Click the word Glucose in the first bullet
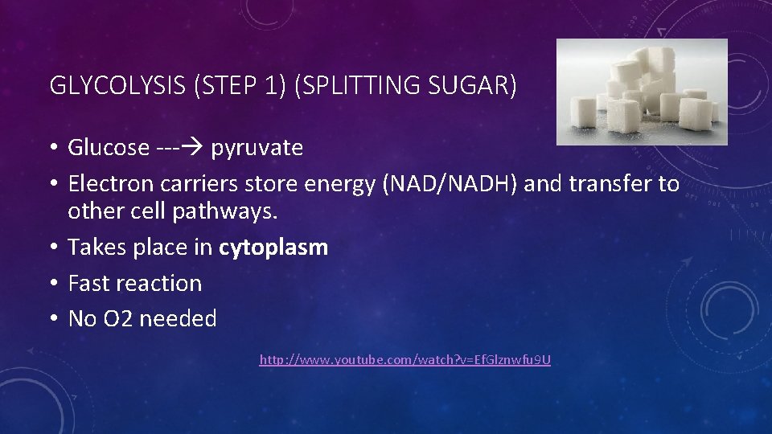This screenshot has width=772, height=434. [x=109, y=148]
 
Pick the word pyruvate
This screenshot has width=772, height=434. [x=257, y=149]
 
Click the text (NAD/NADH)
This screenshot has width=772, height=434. [x=451, y=184]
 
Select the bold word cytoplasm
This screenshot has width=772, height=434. [x=273, y=248]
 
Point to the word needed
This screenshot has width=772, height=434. [x=178, y=319]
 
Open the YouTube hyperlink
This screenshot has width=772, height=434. [x=404, y=360]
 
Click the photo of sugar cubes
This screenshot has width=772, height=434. [x=642, y=92]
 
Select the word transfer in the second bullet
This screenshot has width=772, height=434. [x=611, y=184]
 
